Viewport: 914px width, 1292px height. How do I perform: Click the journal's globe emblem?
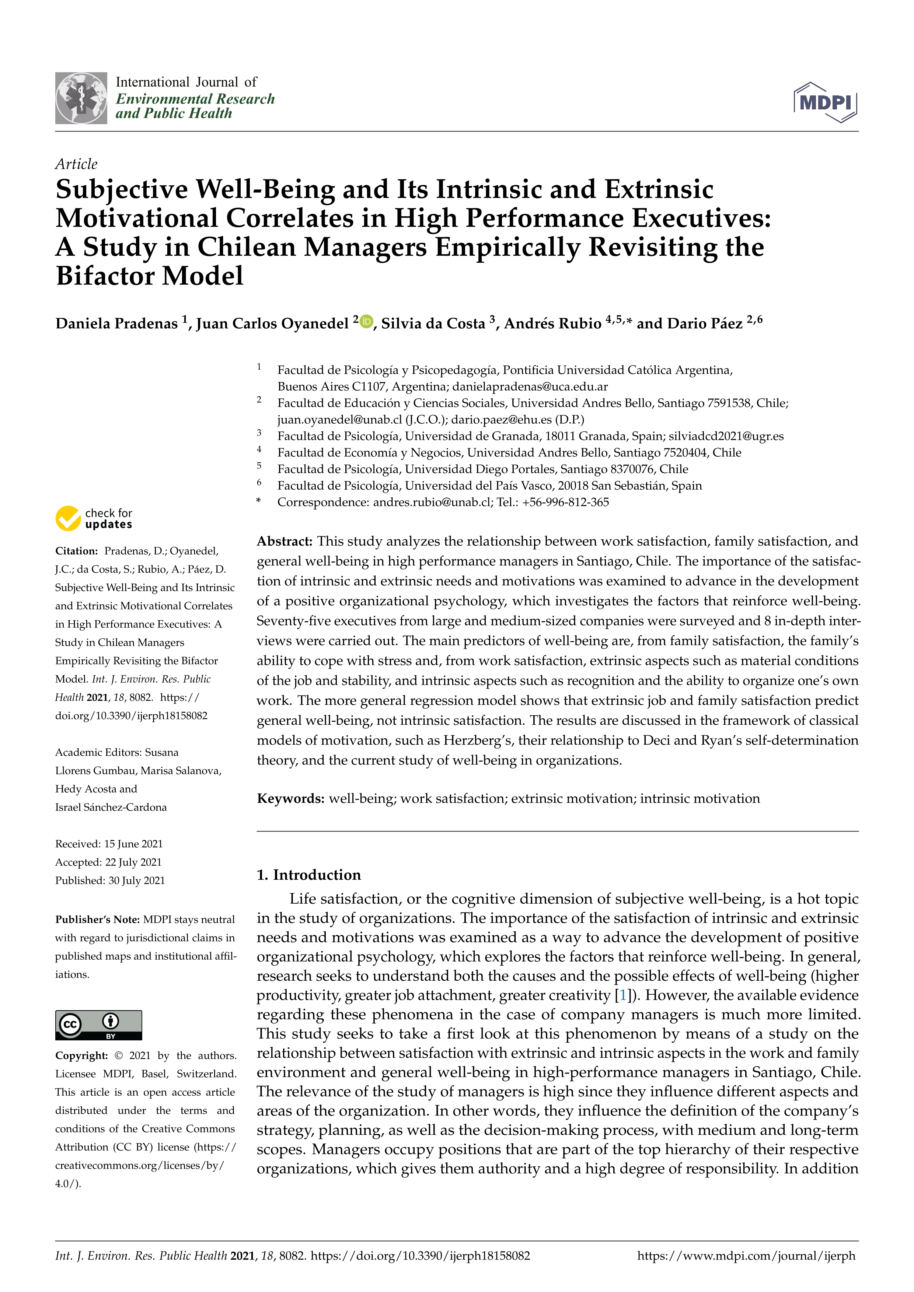pos(81,98)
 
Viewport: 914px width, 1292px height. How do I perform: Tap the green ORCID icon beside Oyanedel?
pos(366,321)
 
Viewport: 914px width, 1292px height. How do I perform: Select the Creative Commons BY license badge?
pos(98,1025)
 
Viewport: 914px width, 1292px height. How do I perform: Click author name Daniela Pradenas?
pos(116,323)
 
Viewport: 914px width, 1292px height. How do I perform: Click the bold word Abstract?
pos(284,541)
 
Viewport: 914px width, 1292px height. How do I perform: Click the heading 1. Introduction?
pos(308,875)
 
